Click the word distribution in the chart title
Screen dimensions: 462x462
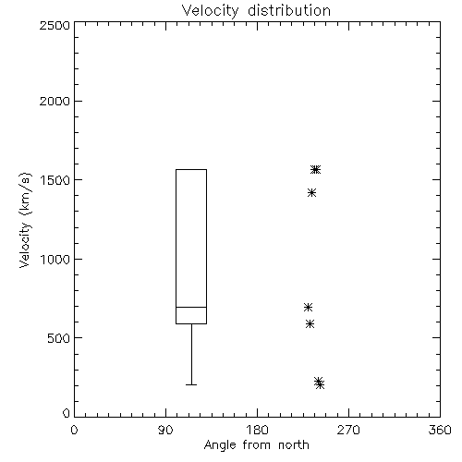(289, 11)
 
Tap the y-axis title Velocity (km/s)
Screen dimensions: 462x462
(25, 220)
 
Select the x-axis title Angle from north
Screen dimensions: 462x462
(256, 445)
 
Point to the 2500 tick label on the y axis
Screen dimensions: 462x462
(55, 25)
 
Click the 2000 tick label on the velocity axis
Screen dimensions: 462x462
(55, 101)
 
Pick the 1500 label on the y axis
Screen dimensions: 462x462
(55, 180)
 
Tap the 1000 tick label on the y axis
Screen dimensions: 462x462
(55, 259)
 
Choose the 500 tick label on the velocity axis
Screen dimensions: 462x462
(59, 338)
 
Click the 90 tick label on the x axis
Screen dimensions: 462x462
(165, 430)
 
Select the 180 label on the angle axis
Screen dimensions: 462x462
(257, 430)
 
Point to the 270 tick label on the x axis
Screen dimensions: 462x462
(348, 430)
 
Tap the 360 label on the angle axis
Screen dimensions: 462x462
(440, 430)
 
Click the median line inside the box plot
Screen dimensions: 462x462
(191, 307)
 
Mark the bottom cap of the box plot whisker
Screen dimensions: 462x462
(191, 384)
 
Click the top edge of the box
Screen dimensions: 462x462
(191, 169)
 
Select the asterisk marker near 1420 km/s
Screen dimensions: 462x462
(311, 193)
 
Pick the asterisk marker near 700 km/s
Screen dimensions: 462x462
(308, 307)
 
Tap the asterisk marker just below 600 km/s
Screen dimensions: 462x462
(310, 323)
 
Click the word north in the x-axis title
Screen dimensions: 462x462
(294, 445)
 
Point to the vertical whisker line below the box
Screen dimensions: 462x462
(191, 354)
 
